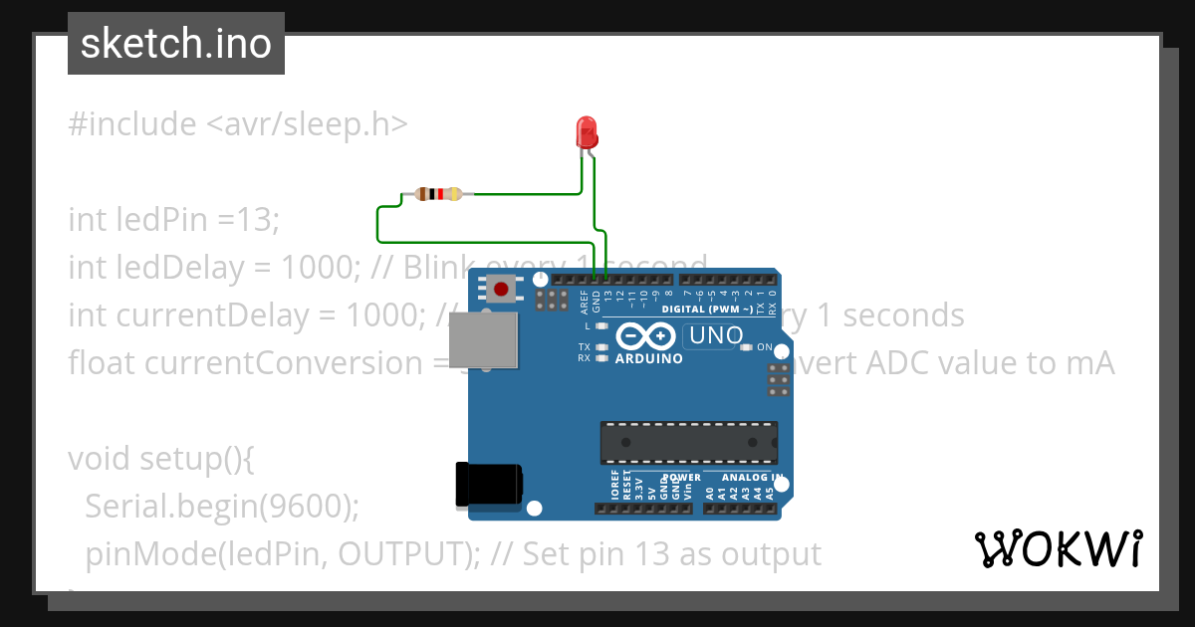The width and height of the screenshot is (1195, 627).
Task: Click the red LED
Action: coord(587,131)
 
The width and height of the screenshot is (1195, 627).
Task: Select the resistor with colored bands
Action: coord(438,194)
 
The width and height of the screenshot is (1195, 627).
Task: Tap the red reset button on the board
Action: coord(501,290)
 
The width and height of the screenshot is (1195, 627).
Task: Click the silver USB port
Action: coord(484,341)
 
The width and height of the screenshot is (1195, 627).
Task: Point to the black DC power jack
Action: coord(488,485)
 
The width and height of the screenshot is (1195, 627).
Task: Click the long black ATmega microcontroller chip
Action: coord(688,443)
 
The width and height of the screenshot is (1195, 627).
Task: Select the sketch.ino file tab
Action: coord(176,44)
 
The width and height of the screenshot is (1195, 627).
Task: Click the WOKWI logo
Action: coord(1058,548)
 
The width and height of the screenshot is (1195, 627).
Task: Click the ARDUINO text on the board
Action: coord(649,358)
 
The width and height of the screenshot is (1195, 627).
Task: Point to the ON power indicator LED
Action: coord(746,347)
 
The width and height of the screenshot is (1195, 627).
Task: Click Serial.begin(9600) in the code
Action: coord(221,507)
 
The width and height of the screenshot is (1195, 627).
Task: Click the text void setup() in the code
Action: coord(162,459)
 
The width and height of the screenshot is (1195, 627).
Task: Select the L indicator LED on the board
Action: coord(601,325)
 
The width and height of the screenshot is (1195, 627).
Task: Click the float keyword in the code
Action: coord(103,363)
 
